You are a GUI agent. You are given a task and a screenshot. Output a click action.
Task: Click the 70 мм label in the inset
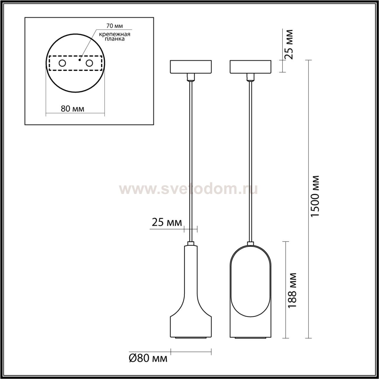point(115,26)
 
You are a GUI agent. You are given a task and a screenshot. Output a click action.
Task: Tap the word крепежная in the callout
point(115,35)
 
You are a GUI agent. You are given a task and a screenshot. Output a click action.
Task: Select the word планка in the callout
point(115,39)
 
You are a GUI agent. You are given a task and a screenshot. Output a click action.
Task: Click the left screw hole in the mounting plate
point(62,63)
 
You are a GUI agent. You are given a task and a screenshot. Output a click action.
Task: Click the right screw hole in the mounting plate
point(89,63)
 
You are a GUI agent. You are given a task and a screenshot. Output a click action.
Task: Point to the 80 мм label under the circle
point(73,109)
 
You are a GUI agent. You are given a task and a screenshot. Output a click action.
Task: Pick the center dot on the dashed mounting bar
point(80,60)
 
